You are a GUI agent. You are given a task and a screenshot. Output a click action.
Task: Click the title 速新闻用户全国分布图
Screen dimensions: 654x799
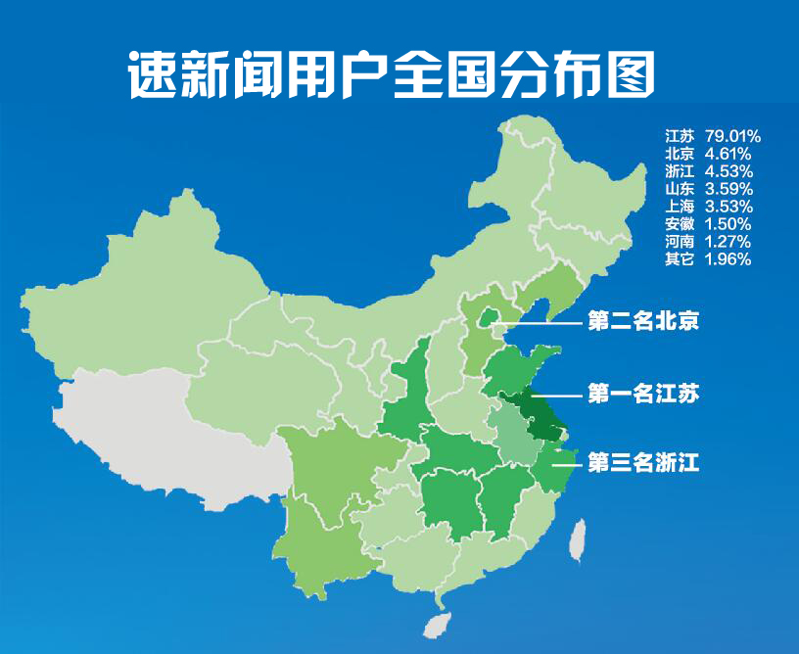click(391, 72)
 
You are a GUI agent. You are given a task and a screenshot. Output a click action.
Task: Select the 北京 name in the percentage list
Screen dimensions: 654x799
click(680, 154)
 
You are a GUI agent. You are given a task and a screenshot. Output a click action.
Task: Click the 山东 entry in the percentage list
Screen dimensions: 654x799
click(680, 189)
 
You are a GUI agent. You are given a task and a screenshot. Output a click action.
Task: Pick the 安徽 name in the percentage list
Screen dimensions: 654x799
click(680, 224)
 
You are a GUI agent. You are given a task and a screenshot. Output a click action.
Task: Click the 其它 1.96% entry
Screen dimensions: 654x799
click(707, 259)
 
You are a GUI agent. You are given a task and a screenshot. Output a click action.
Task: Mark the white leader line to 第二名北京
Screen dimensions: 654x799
click(539, 320)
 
